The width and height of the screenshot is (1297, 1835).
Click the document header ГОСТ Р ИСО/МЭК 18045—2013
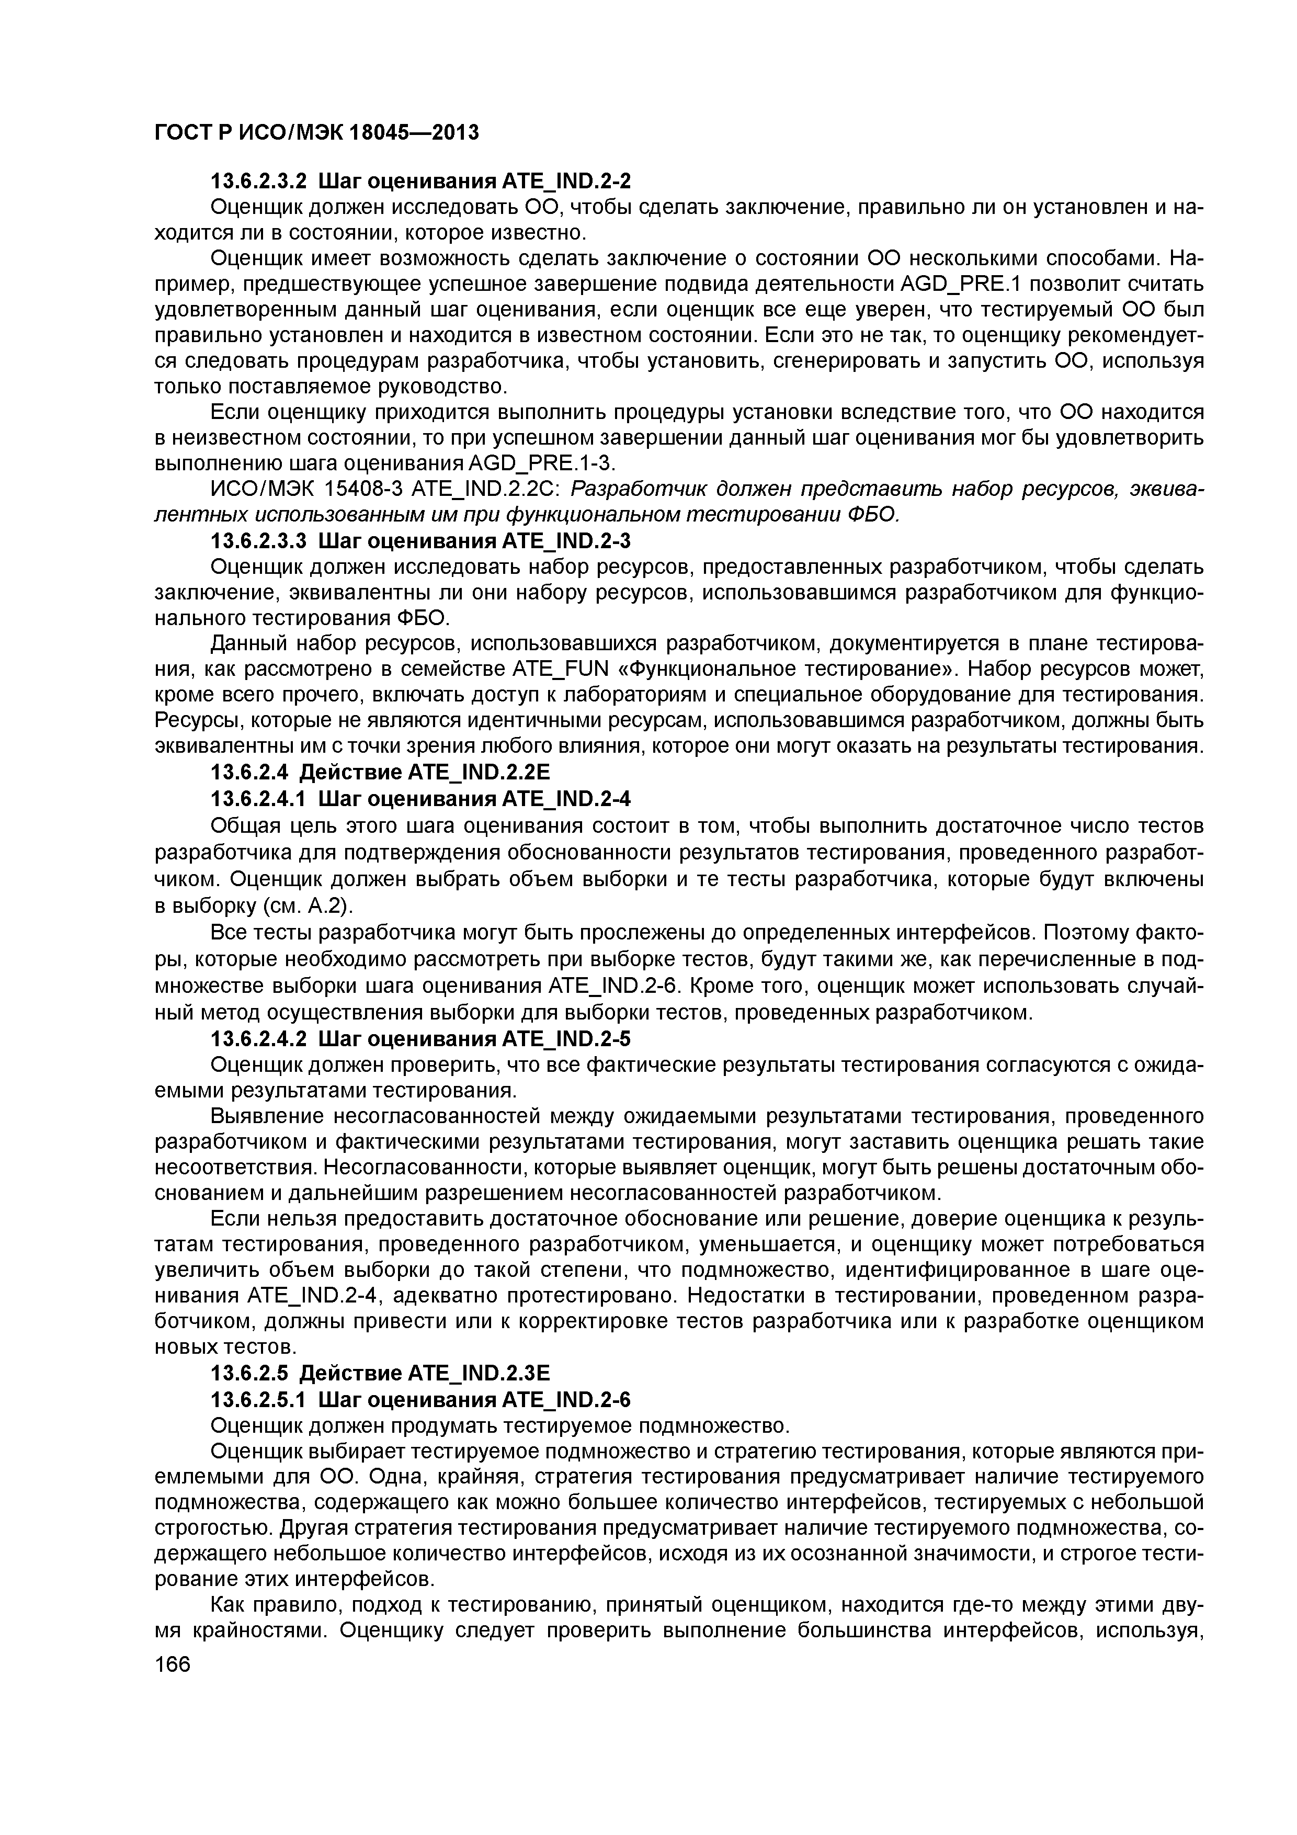pos(316,132)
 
